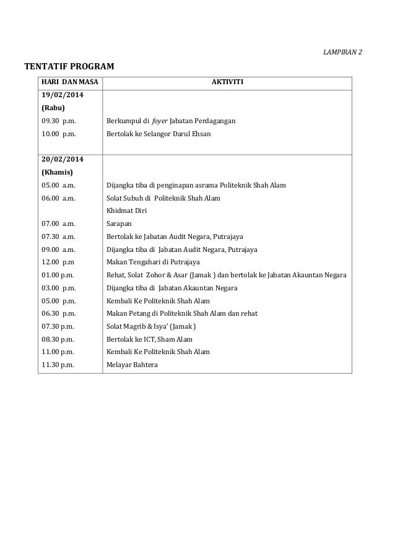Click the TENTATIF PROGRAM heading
point(69,66)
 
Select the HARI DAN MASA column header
point(70,83)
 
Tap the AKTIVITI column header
point(227,83)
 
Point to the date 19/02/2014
point(63,95)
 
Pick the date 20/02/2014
point(63,159)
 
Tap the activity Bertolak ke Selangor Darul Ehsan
point(158,133)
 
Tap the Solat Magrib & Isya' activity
point(152,326)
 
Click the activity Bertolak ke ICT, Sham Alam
point(149,339)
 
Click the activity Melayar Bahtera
point(132,365)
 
